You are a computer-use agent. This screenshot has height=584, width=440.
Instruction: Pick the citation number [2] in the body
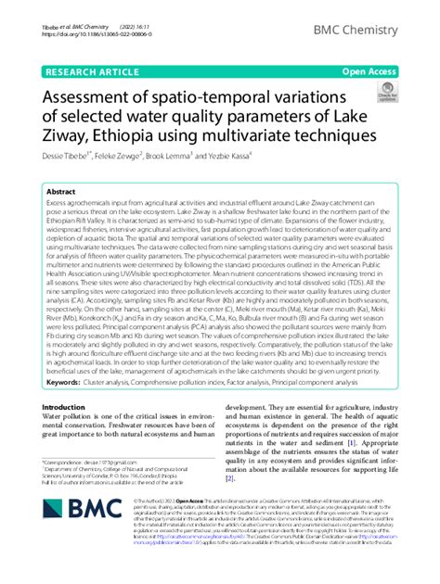(x=229, y=505)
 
